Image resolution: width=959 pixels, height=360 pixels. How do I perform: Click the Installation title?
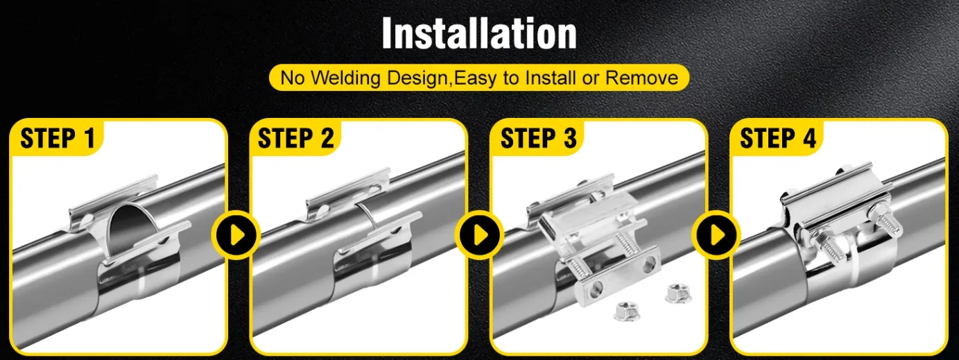tap(479, 33)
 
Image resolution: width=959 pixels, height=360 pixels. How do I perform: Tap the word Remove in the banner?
tap(641, 78)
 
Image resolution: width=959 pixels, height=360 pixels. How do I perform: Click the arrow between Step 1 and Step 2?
tap(236, 235)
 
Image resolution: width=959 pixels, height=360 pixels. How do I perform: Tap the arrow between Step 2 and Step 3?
tap(479, 235)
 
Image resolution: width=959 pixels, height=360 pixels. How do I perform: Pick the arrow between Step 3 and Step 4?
tap(717, 235)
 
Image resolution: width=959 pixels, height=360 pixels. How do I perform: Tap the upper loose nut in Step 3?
tap(678, 293)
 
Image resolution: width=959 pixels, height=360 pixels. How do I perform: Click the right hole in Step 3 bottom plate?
tap(650, 264)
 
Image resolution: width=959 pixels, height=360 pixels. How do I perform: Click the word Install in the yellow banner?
tap(550, 78)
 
